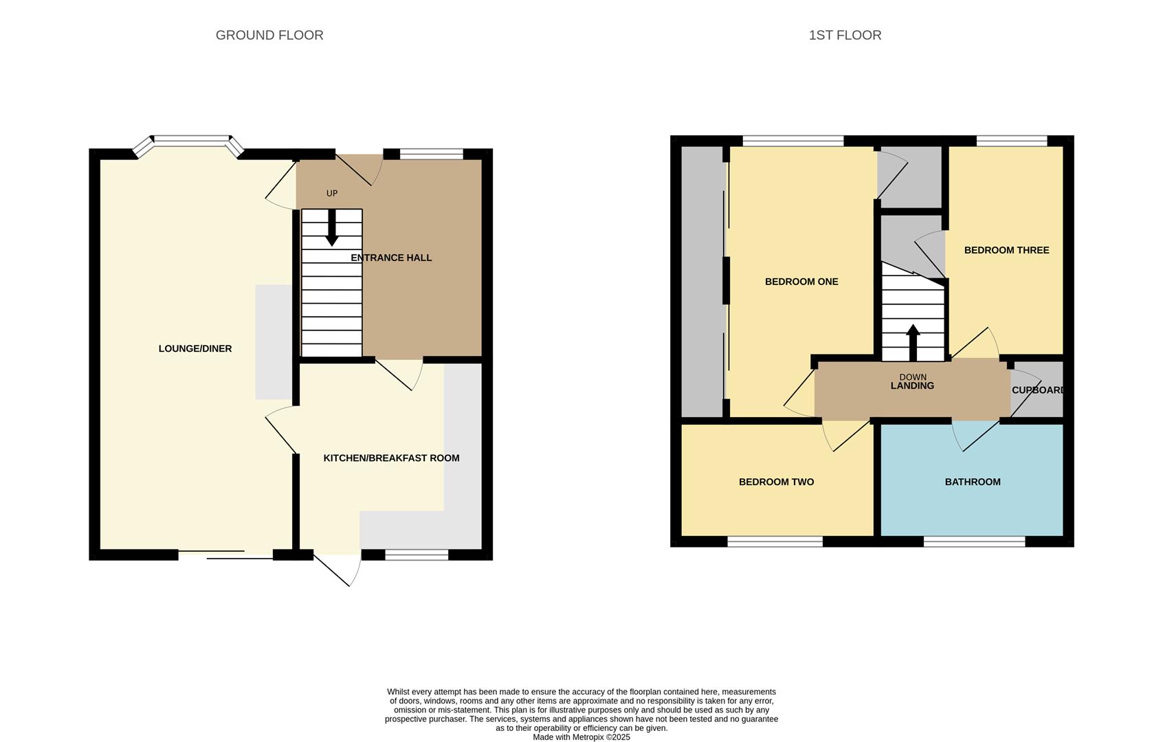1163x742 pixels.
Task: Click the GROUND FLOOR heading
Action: tap(269, 35)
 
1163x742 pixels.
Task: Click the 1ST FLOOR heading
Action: tap(845, 35)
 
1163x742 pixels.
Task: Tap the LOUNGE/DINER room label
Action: tap(195, 348)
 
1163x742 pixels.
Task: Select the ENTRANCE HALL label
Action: tap(391, 258)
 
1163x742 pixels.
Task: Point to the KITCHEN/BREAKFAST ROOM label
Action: tap(391, 458)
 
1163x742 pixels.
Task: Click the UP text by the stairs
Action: tap(332, 193)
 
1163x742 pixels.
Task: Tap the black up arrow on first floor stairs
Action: tap(913, 341)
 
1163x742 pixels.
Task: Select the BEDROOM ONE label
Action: tap(801, 281)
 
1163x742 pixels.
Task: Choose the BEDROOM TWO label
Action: tap(776, 482)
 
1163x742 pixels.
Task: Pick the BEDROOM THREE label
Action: tap(1006, 250)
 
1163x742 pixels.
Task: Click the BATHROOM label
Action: tap(972, 482)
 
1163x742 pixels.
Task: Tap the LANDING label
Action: tap(912, 386)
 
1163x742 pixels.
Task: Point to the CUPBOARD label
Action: tap(1038, 390)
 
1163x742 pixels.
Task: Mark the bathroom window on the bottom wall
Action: tap(974, 542)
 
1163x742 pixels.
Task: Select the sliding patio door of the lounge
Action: tap(225, 554)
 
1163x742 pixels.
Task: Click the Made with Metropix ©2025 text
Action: tap(581, 737)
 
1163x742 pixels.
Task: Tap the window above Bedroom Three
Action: tap(1011, 141)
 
